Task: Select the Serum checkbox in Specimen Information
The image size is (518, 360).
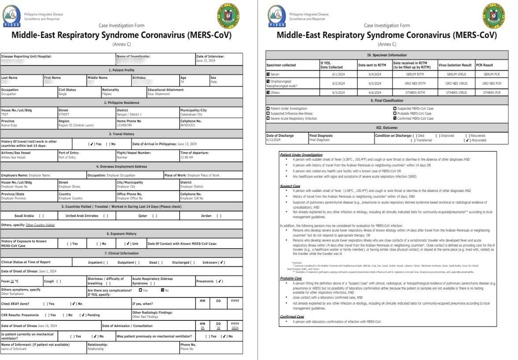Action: [268, 74]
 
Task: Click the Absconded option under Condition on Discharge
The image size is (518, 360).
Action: [468, 140]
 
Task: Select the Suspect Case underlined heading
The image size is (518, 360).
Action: [290, 186]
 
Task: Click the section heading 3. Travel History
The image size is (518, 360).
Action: [122, 134]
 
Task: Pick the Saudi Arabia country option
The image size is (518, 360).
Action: [29, 216]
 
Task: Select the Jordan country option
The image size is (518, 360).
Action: [212, 216]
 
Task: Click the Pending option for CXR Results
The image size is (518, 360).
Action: [90, 315]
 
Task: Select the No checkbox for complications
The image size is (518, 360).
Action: [163, 290]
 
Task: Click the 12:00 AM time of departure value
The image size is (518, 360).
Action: [188, 157]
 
